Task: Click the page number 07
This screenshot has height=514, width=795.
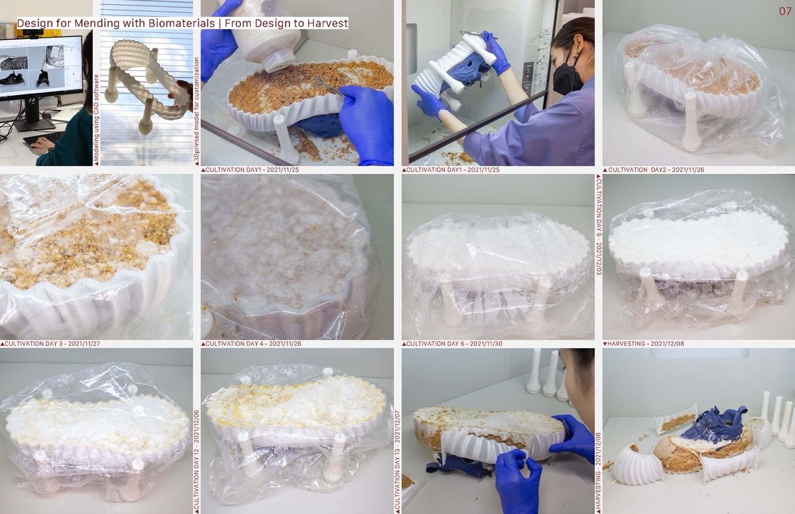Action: [784, 11]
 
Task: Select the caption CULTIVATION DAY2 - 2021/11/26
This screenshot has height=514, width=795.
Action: [656, 170]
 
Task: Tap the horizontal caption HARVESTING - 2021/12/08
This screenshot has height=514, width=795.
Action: [645, 344]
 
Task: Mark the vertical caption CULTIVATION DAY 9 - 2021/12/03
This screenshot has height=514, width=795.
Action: [599, 227]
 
